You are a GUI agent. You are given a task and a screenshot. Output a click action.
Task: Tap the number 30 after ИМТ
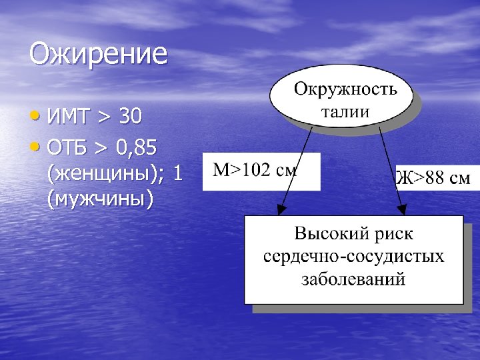coord(130,117)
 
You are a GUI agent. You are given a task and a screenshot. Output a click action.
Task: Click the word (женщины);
coord(106,173)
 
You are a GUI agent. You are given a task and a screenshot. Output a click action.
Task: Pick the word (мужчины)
coord(101,199)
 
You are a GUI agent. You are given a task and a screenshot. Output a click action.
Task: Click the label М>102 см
coord(254,171)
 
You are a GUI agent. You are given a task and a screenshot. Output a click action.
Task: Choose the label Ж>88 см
coord(433,179)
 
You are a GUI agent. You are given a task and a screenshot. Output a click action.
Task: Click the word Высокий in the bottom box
coord(325,235)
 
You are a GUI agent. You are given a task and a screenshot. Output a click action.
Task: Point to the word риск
coord(394,235)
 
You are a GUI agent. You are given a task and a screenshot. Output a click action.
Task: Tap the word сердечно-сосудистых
coord(353,257)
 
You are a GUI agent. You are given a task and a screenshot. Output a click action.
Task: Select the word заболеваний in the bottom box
coord(353,279)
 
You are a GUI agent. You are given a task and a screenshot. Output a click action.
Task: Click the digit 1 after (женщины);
coord(177,173)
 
